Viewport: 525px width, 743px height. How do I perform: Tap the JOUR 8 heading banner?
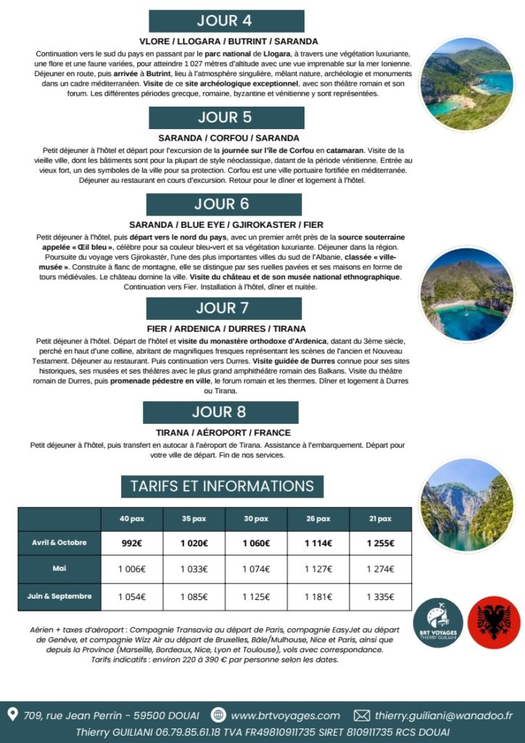(x=220, y=412)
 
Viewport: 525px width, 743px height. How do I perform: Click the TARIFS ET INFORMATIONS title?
(x=212, y=486)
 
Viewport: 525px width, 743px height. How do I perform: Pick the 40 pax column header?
(x=132, y=519)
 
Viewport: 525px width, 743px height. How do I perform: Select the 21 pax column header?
(x=380, y=519)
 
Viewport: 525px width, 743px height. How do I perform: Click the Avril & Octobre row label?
(x=59, y=543)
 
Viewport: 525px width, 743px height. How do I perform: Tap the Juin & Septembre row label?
(x=59, y=596)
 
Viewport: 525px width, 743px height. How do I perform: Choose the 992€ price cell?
(x=132, y=543)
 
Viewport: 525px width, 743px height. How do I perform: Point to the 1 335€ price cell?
(x=380, y=597)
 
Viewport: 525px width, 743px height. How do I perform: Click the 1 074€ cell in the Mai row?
(x=256, y=570)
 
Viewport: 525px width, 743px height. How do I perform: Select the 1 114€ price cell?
(x=318, y=543)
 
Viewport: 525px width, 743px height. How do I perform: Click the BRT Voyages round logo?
(x=437, y=623)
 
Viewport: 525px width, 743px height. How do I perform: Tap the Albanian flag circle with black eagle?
(x=489, y=623)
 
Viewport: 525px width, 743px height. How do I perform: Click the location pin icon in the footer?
(x=12, y=715)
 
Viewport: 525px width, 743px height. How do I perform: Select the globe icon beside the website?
(x=218, y=715)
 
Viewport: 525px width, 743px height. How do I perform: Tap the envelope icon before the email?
(x=362, y=715)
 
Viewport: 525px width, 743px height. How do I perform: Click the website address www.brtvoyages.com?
(x=285, y=715)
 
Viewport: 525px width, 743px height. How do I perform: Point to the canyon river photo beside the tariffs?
(x=466, y=504)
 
